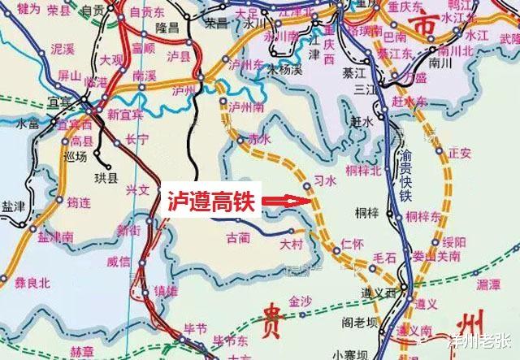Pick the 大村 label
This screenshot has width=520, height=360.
290,244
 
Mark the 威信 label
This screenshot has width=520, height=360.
119,262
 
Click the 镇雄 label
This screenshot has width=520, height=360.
165,290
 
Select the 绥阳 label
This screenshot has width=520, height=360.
455,242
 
